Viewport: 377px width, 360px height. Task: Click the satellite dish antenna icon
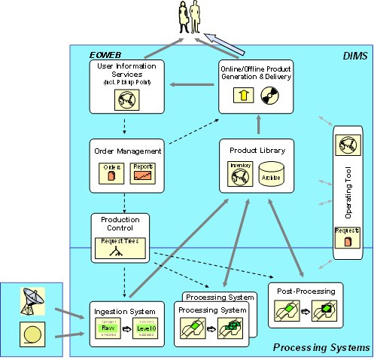31,301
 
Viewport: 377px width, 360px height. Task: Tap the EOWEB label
105,54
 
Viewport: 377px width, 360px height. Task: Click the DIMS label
354,55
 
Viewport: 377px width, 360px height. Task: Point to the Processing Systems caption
321,347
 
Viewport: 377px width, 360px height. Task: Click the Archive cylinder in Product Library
270,175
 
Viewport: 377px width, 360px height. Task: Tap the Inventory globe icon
239,175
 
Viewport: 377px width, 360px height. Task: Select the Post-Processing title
306,290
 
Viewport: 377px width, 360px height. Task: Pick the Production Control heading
120,224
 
